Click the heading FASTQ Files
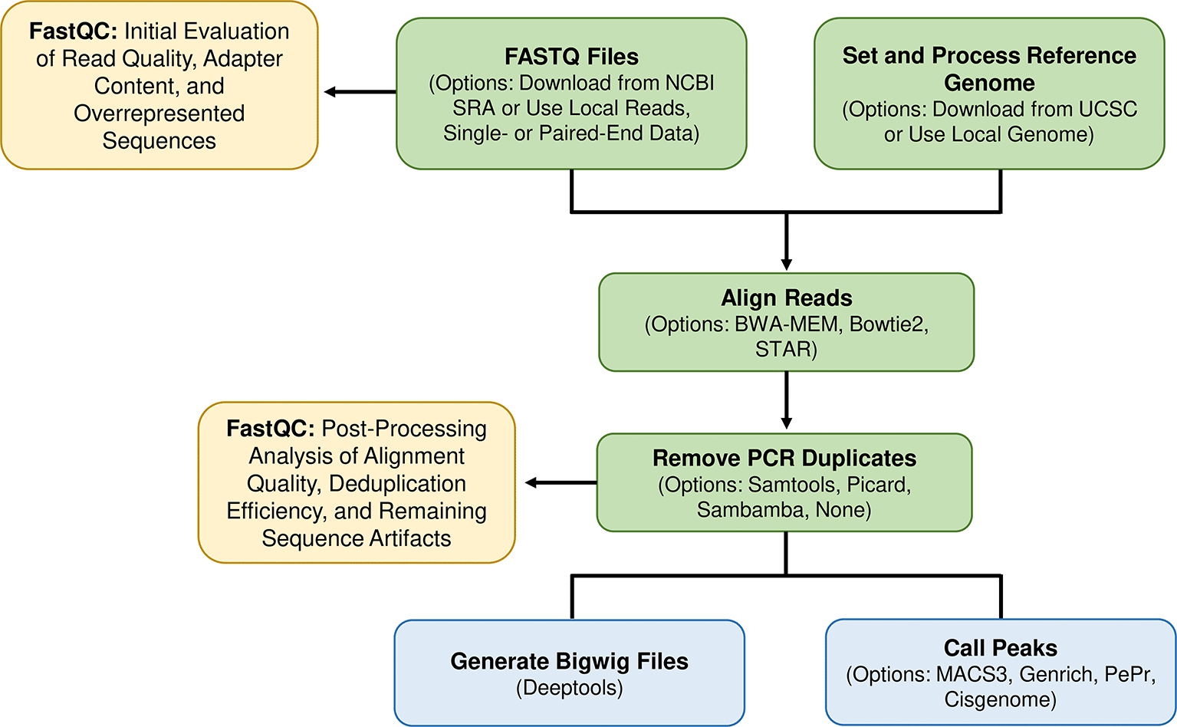(x=572, y=57)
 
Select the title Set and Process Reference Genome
(x=989, y=69)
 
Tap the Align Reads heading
(x=787, y=298)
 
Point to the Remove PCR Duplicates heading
(x=784, y=459)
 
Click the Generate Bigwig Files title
(x=570, y=661)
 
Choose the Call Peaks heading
(x=1001, y=648)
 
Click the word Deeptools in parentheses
(x=570, y=688)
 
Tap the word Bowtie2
(x=889, y=324)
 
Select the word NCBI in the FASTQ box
(x=690, y=83)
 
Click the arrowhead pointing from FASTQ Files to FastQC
(x=330, y=92)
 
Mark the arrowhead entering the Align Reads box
(x=787, y=265)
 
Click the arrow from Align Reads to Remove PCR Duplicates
(x=787, y=400)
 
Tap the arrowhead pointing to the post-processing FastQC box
(x=531, y=482)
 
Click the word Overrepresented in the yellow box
(x=159, y=113)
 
